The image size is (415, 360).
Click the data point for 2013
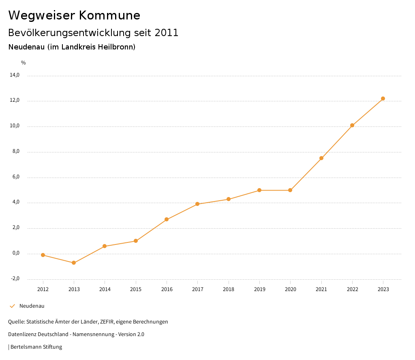pos(74,263)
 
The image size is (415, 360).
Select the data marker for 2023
pos(383,99)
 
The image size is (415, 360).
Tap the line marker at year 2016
pos(167,219)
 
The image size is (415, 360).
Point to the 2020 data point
pos(290,190)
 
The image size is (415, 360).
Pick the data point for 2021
pos(321,158)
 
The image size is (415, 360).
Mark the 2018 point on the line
pos(229,199)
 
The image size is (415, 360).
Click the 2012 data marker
pos(43,255)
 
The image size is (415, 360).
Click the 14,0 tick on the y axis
pos(15,75)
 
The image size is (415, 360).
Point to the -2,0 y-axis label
pos(15,279)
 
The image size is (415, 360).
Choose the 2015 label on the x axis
pos(136,289)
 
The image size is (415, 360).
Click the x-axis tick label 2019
pos(259,289)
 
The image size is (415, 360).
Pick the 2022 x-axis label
pos(352,289)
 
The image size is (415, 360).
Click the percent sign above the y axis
pos(24,63)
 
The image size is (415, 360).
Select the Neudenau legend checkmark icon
pos(12,306)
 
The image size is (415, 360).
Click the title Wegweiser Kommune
pos(74,15)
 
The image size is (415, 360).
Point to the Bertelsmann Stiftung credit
pos(36,347)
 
